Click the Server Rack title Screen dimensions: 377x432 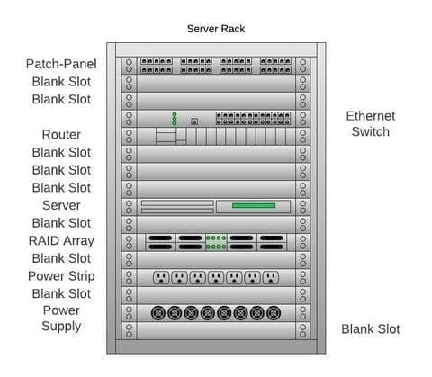(x=215, y=29)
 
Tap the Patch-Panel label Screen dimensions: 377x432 (x=61, y=64)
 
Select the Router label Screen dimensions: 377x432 (x=61, y=135)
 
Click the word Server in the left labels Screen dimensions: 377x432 (x=61, y=205)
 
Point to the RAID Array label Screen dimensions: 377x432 (x=61, y=240)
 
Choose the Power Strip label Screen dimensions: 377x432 (x=61, y=276)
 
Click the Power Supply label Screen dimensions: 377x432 (x=61, y=319)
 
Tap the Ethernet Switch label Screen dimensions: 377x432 (x=370, y=124)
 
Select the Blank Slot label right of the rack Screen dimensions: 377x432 (x=370, y=329)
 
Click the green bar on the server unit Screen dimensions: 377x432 (x=253, y=206)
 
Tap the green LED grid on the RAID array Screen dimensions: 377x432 (x=215, y=242)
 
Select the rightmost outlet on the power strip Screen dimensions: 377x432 (x=271, y=277)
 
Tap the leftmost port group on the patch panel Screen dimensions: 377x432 (x=157, y=65)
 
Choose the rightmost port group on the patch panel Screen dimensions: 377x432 (x=275, y=65)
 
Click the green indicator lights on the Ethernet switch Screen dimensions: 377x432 (x=175, y=119)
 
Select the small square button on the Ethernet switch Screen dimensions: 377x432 (x=193, y=121)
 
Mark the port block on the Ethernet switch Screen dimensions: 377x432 (x=251, y=118)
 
